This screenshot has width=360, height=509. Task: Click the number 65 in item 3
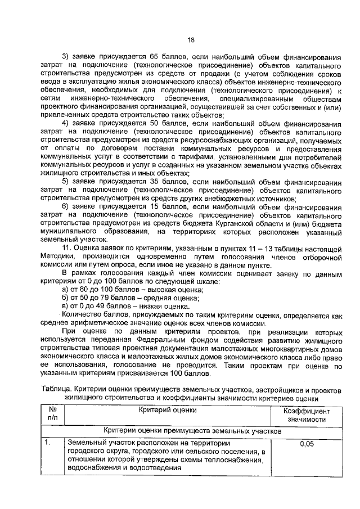tap(156, 57)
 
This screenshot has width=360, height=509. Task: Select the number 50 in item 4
tap(156, 123)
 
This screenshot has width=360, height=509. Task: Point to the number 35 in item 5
tap(156, 181)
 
